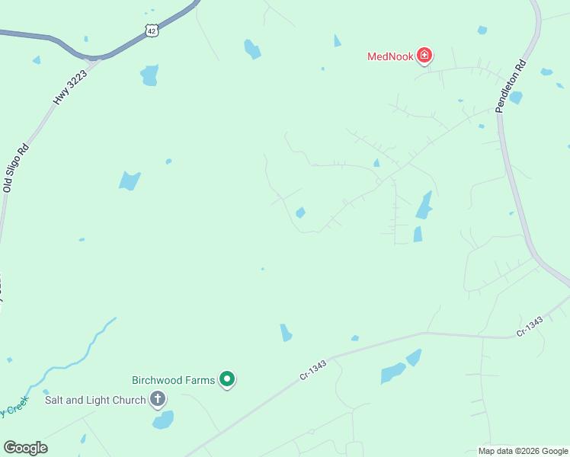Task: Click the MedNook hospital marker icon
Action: click(424, 56)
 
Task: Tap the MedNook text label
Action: click(389, 56)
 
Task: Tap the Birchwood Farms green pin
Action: click(227, 379)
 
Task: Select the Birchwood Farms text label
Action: click(174, 379)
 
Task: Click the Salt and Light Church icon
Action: click(158, 399)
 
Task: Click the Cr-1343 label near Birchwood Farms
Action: click(312, 370)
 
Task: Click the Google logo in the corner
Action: click(25, 448)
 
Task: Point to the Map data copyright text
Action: click(523, 451)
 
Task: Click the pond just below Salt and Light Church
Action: click(163, 420)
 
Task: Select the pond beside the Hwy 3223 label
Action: click(149, 75)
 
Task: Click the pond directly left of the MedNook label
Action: click(338, 41)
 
